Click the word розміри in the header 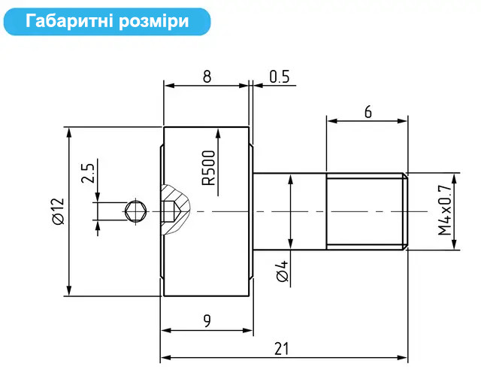[x=153, y=22]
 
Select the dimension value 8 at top [x=207, y=76]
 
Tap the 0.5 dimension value [x=280, y=77]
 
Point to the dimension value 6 [x=368, y=112]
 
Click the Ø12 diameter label [x=59, y=211]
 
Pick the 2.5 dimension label [x=88, y=174]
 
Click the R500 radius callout [x=209, y=168]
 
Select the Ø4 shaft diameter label [x=282, y=271]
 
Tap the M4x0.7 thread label [x=444, y=210]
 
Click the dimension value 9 [x=207, y=321]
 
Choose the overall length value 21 [x=282, y=349]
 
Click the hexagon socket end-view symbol [x=135, y=211]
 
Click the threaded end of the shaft [x=367, y=211]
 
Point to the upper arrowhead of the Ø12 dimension [x=69, y=133]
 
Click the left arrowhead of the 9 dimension [x=166, y=330]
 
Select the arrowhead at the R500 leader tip [x=218, y=134]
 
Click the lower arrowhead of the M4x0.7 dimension [x=455, y=244]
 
